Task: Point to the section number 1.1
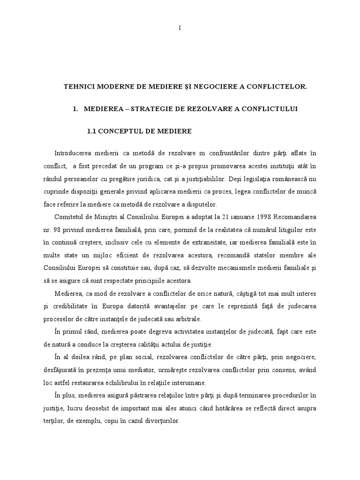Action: point(92,131)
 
